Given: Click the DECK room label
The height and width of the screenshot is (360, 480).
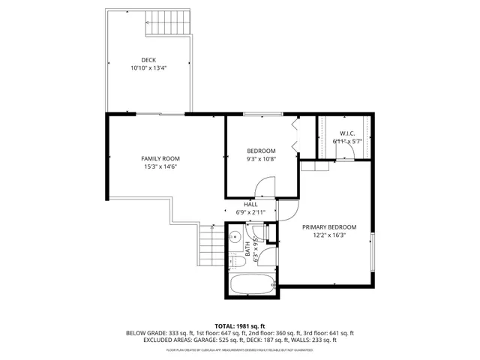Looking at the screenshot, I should (148, 60).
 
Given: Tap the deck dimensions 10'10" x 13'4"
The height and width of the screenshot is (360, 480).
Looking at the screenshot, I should (148, 68).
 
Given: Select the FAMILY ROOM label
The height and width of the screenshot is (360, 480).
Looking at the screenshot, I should (160, 158).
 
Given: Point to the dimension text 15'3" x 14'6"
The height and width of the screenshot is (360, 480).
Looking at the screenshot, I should (160, 166).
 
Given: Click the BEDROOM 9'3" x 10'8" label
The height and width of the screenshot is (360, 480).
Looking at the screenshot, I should (261, 151).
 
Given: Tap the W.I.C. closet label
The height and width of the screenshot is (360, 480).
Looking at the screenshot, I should (346, 133).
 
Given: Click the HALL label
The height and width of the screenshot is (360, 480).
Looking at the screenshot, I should (250, 204).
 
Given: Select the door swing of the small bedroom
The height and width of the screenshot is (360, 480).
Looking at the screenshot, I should (265, 185).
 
